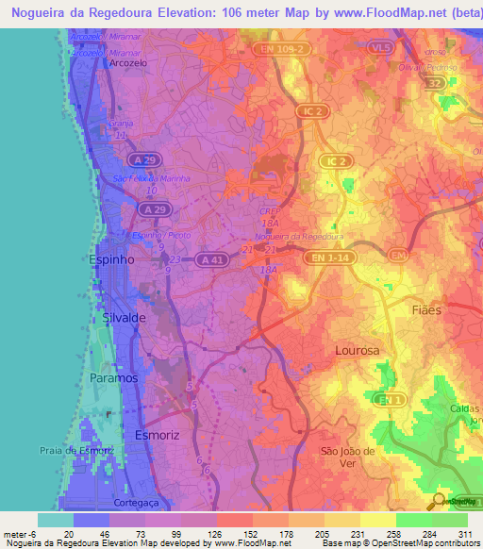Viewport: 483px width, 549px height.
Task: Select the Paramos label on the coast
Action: [114, 377]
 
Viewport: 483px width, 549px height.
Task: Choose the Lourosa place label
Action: [357, 350]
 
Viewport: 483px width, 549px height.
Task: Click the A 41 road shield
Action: [214, 258]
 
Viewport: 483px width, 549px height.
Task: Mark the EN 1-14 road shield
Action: [329, 257]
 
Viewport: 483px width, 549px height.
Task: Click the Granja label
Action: [121, 125]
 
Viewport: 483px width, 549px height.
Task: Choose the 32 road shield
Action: [434, 84]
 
